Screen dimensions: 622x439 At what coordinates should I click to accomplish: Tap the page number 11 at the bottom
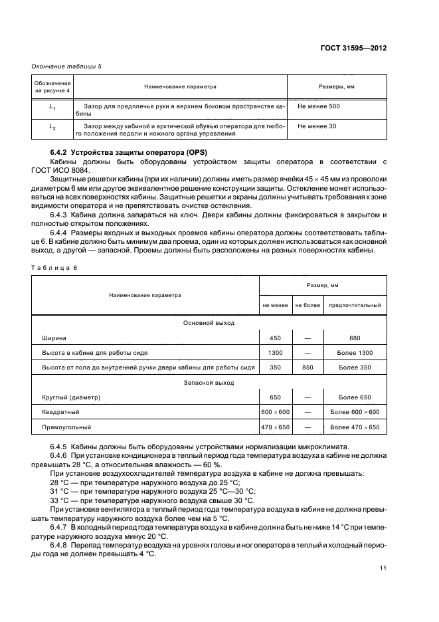[383, 568]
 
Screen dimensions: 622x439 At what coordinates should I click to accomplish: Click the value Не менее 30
[317, 126]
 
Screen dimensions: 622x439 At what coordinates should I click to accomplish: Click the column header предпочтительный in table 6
[355, 306]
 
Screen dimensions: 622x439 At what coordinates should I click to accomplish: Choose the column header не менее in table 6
[275, 306]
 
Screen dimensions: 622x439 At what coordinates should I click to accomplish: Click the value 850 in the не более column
[307, 367]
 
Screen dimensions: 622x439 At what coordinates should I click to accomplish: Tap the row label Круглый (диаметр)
[71, 397]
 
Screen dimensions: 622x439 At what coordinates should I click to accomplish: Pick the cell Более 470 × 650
[355, 427]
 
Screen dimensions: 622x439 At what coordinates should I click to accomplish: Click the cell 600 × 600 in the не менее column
[275, 413]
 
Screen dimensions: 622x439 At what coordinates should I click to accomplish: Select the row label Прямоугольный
[66, 427]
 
